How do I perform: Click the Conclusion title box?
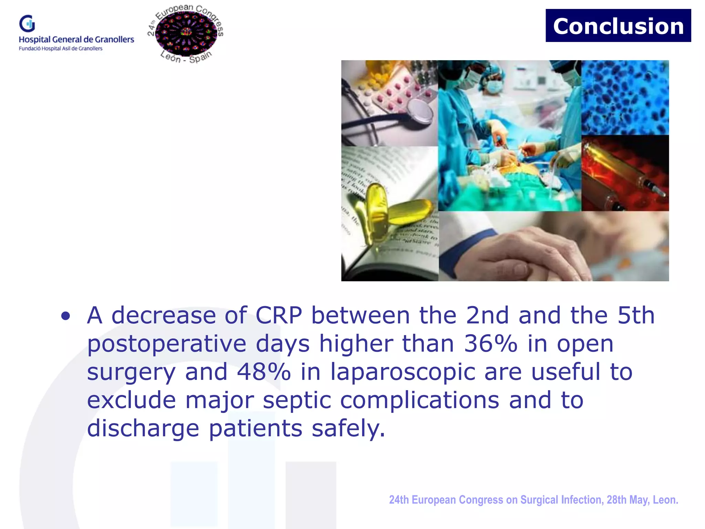coord(618,26)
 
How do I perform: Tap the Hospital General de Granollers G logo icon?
coord(27,23)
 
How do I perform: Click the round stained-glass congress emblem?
coord(186,33)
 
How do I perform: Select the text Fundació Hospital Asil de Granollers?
coord(61,49)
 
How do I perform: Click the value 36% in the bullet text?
coord(490,344)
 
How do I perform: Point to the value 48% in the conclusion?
coord(263,372)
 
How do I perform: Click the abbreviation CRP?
coord(278,315)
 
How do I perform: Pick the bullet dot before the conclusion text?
coord(65,316)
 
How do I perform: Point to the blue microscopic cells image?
coord(625,97)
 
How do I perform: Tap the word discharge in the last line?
coord(143,429)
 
